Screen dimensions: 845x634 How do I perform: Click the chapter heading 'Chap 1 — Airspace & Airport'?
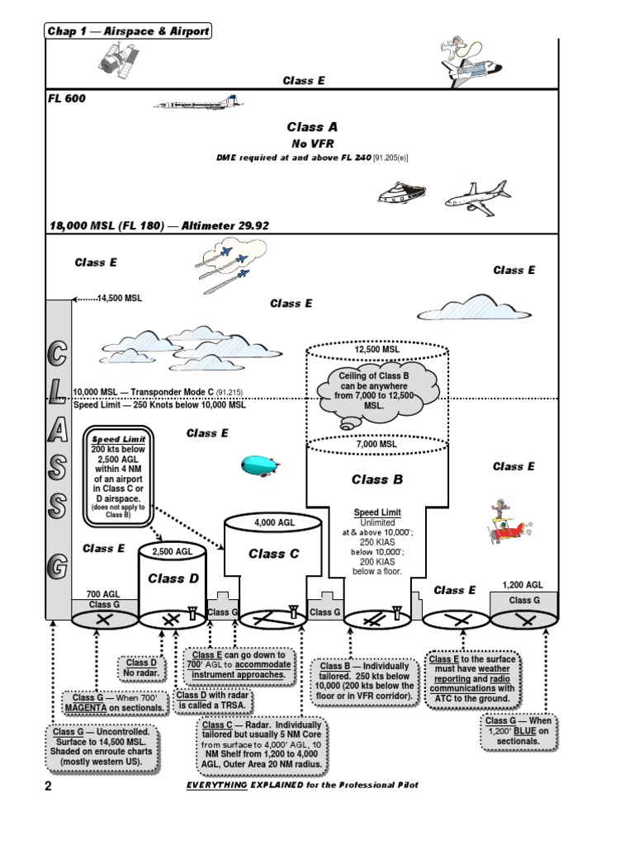[128, 31]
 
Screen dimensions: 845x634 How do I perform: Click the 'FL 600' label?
[67, 98]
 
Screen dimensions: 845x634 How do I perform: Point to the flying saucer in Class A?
[400, 193]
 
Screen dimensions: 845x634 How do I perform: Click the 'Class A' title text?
[312, 127]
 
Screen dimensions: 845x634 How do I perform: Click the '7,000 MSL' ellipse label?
[377, 444]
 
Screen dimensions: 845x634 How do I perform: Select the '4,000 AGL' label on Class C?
[275, 522]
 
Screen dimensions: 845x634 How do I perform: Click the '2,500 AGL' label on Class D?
[172, 550]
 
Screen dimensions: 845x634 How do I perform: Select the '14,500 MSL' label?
[119, 298]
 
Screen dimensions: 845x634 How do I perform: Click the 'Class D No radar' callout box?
[141, 668]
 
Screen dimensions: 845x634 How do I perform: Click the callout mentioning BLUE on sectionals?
[518, 730]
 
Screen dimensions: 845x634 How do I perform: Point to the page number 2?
[48, 786]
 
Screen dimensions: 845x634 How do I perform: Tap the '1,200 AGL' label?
[523, 585]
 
